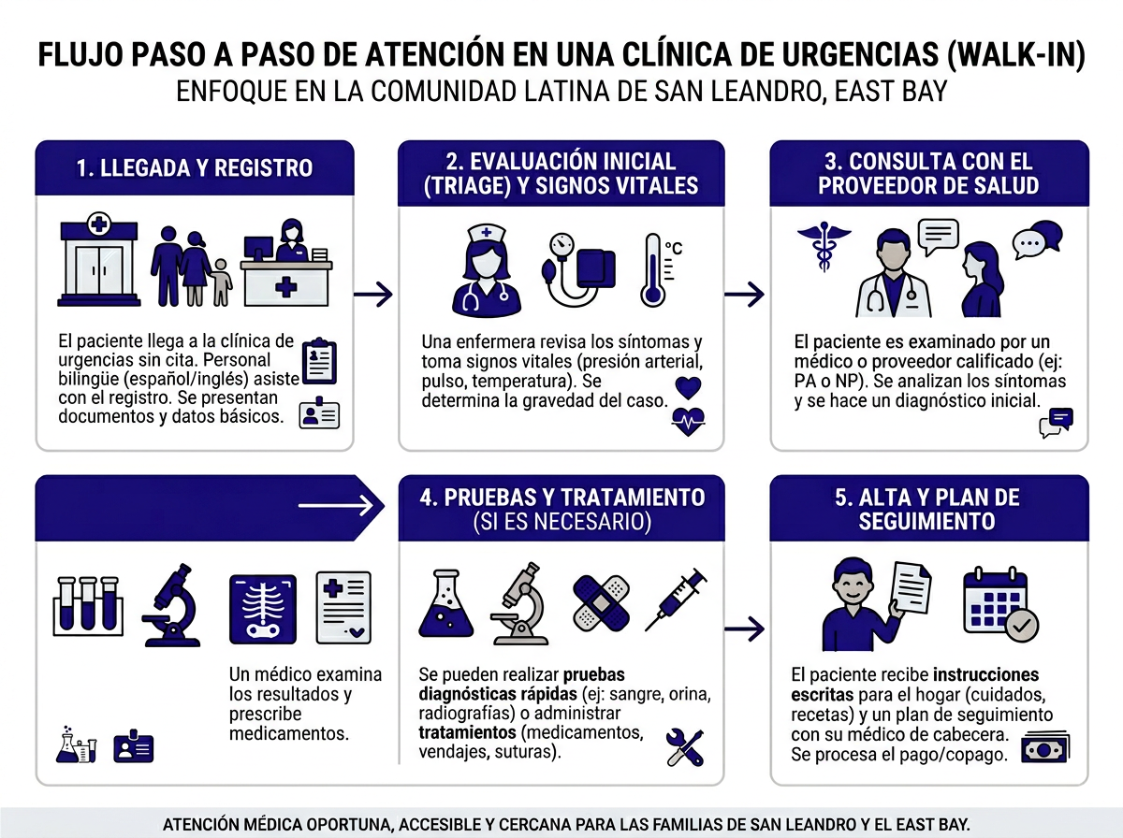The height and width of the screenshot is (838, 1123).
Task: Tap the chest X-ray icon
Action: click(263, 608)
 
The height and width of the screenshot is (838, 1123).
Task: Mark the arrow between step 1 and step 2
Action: click(374, 295)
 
